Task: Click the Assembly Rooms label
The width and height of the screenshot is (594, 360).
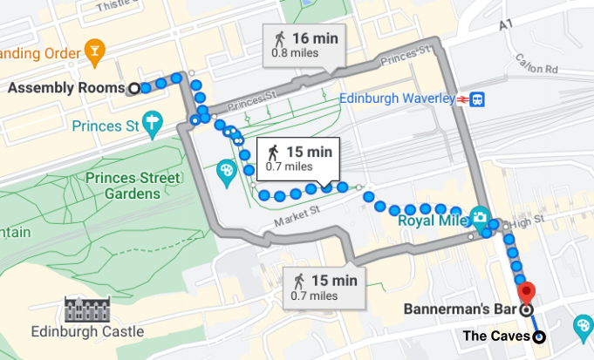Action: pos(65,88)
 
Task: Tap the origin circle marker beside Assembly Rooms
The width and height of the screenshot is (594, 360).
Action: pos(133,88)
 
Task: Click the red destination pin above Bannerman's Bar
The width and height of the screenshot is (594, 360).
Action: pos(525,292)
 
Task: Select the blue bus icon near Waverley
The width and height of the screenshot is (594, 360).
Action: pos(478,99)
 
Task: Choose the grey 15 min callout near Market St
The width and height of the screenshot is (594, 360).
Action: pos(324,287)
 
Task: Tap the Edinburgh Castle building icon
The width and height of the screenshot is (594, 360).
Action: pos(84,309)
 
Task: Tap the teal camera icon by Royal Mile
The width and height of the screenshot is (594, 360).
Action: pos(479,216)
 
